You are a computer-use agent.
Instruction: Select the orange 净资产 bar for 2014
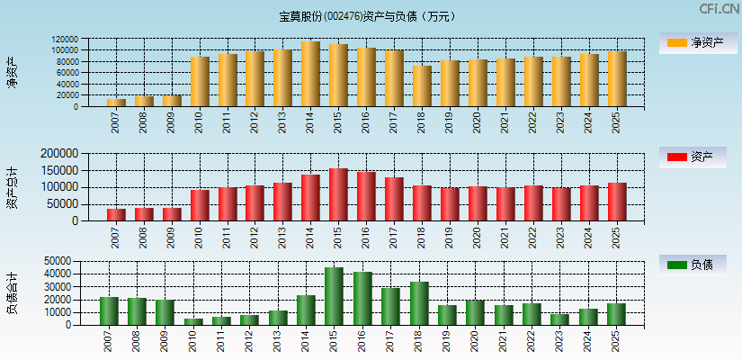point(310,74)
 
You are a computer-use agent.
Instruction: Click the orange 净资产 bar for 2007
point(116,102)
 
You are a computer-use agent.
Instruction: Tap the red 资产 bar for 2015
point(338,194)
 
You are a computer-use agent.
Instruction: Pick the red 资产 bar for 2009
point(172,214)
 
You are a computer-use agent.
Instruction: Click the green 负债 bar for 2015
point(334,296)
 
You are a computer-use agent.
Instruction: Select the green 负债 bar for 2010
point(193,321)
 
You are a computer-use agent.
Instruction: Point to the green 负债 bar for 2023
point(585,319)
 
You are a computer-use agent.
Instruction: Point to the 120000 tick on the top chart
point(90,40)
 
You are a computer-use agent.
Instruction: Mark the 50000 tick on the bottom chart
point(82,261)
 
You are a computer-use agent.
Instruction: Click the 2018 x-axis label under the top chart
point(421,121)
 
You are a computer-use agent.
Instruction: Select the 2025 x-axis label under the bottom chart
point(615,341)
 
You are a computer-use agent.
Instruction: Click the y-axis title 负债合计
point(12,293)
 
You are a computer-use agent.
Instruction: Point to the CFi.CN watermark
point(719,9)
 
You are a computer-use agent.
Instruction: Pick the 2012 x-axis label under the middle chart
point(255,237)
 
